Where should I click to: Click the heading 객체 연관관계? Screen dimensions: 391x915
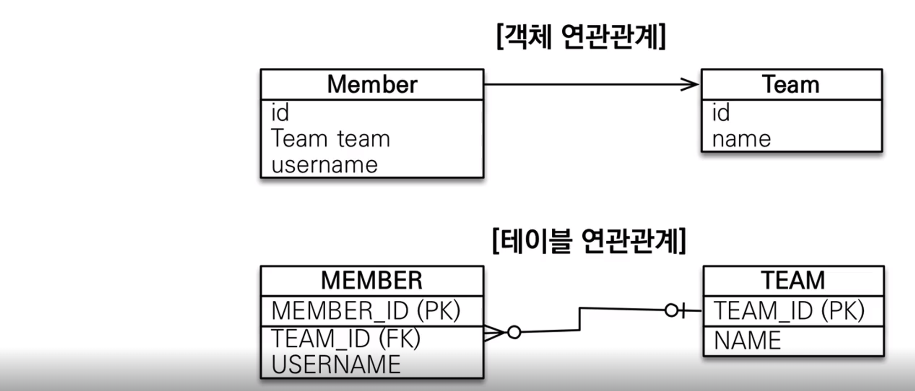[581, 37]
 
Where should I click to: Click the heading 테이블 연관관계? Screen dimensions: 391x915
[589, 241]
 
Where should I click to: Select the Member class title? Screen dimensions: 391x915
[372, 85]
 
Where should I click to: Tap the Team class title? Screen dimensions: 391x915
[791, 85]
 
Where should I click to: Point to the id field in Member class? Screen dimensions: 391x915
[280, 113]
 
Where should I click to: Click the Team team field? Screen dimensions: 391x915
[330, 139]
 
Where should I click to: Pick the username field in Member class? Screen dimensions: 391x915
[324, 165]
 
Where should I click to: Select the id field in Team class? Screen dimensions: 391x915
[721, 113]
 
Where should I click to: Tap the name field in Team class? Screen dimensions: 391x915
[741, 139]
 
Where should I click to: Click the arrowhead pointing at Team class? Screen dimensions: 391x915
[690, 84]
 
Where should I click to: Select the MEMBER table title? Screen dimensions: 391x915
[371, 281]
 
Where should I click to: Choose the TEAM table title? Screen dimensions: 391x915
[793, 281]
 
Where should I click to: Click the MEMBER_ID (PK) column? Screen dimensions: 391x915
[366, 310]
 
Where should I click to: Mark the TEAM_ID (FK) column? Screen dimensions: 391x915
[345, 339]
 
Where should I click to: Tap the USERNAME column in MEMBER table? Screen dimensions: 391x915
[336, 364]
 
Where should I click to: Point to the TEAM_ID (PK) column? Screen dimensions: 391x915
[789, 310]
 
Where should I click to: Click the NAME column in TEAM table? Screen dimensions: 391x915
[747, 341]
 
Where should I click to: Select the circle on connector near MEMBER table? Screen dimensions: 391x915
[514, 332]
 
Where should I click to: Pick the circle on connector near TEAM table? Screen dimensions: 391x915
[671, 310]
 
